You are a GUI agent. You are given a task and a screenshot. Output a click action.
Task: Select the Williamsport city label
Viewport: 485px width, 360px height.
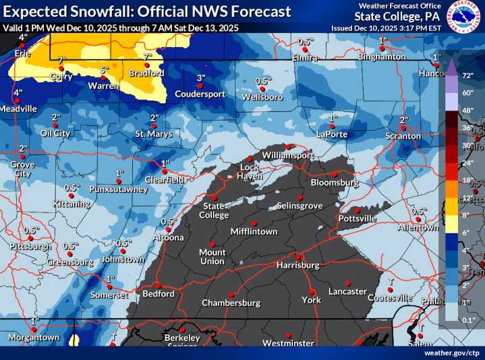(288, 155)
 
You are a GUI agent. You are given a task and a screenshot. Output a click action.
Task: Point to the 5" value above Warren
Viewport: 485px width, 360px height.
(104, 69)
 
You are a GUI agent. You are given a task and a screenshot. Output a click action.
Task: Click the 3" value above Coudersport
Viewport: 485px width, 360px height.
(200, 78)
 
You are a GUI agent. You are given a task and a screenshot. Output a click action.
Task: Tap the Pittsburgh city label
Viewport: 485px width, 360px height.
(30, 247)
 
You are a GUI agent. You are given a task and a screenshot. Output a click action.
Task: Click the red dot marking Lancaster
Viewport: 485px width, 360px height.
(348, 282)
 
